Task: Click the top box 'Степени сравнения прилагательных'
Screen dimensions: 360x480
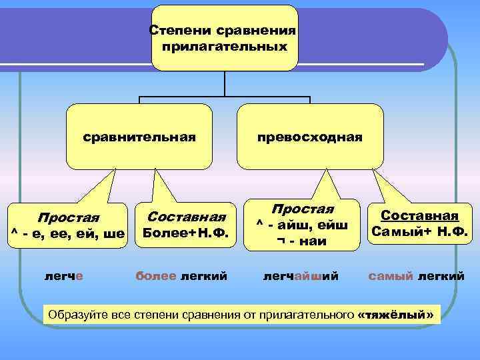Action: pyautogui.click(x=224, y=38)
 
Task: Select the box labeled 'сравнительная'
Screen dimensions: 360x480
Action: pyautogui.click(x=139, y=137)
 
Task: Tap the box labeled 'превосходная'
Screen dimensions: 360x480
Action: pyautogui.click(x=311, y=137)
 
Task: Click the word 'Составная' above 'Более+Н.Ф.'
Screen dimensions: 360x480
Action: pyautogui.click(x=187, y=217)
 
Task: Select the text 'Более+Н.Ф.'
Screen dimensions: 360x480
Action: pyautogui.click(x=186, y=233)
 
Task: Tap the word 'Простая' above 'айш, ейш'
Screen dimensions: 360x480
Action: pyautogui.click(x=302, y=210)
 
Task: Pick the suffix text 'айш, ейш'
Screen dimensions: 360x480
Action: pyautogui.click(x=307, y=226)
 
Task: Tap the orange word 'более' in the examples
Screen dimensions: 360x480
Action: pyautogui.click(x=156, y=275)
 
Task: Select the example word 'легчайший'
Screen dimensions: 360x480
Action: pyautogui.click(x=301, y=275)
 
